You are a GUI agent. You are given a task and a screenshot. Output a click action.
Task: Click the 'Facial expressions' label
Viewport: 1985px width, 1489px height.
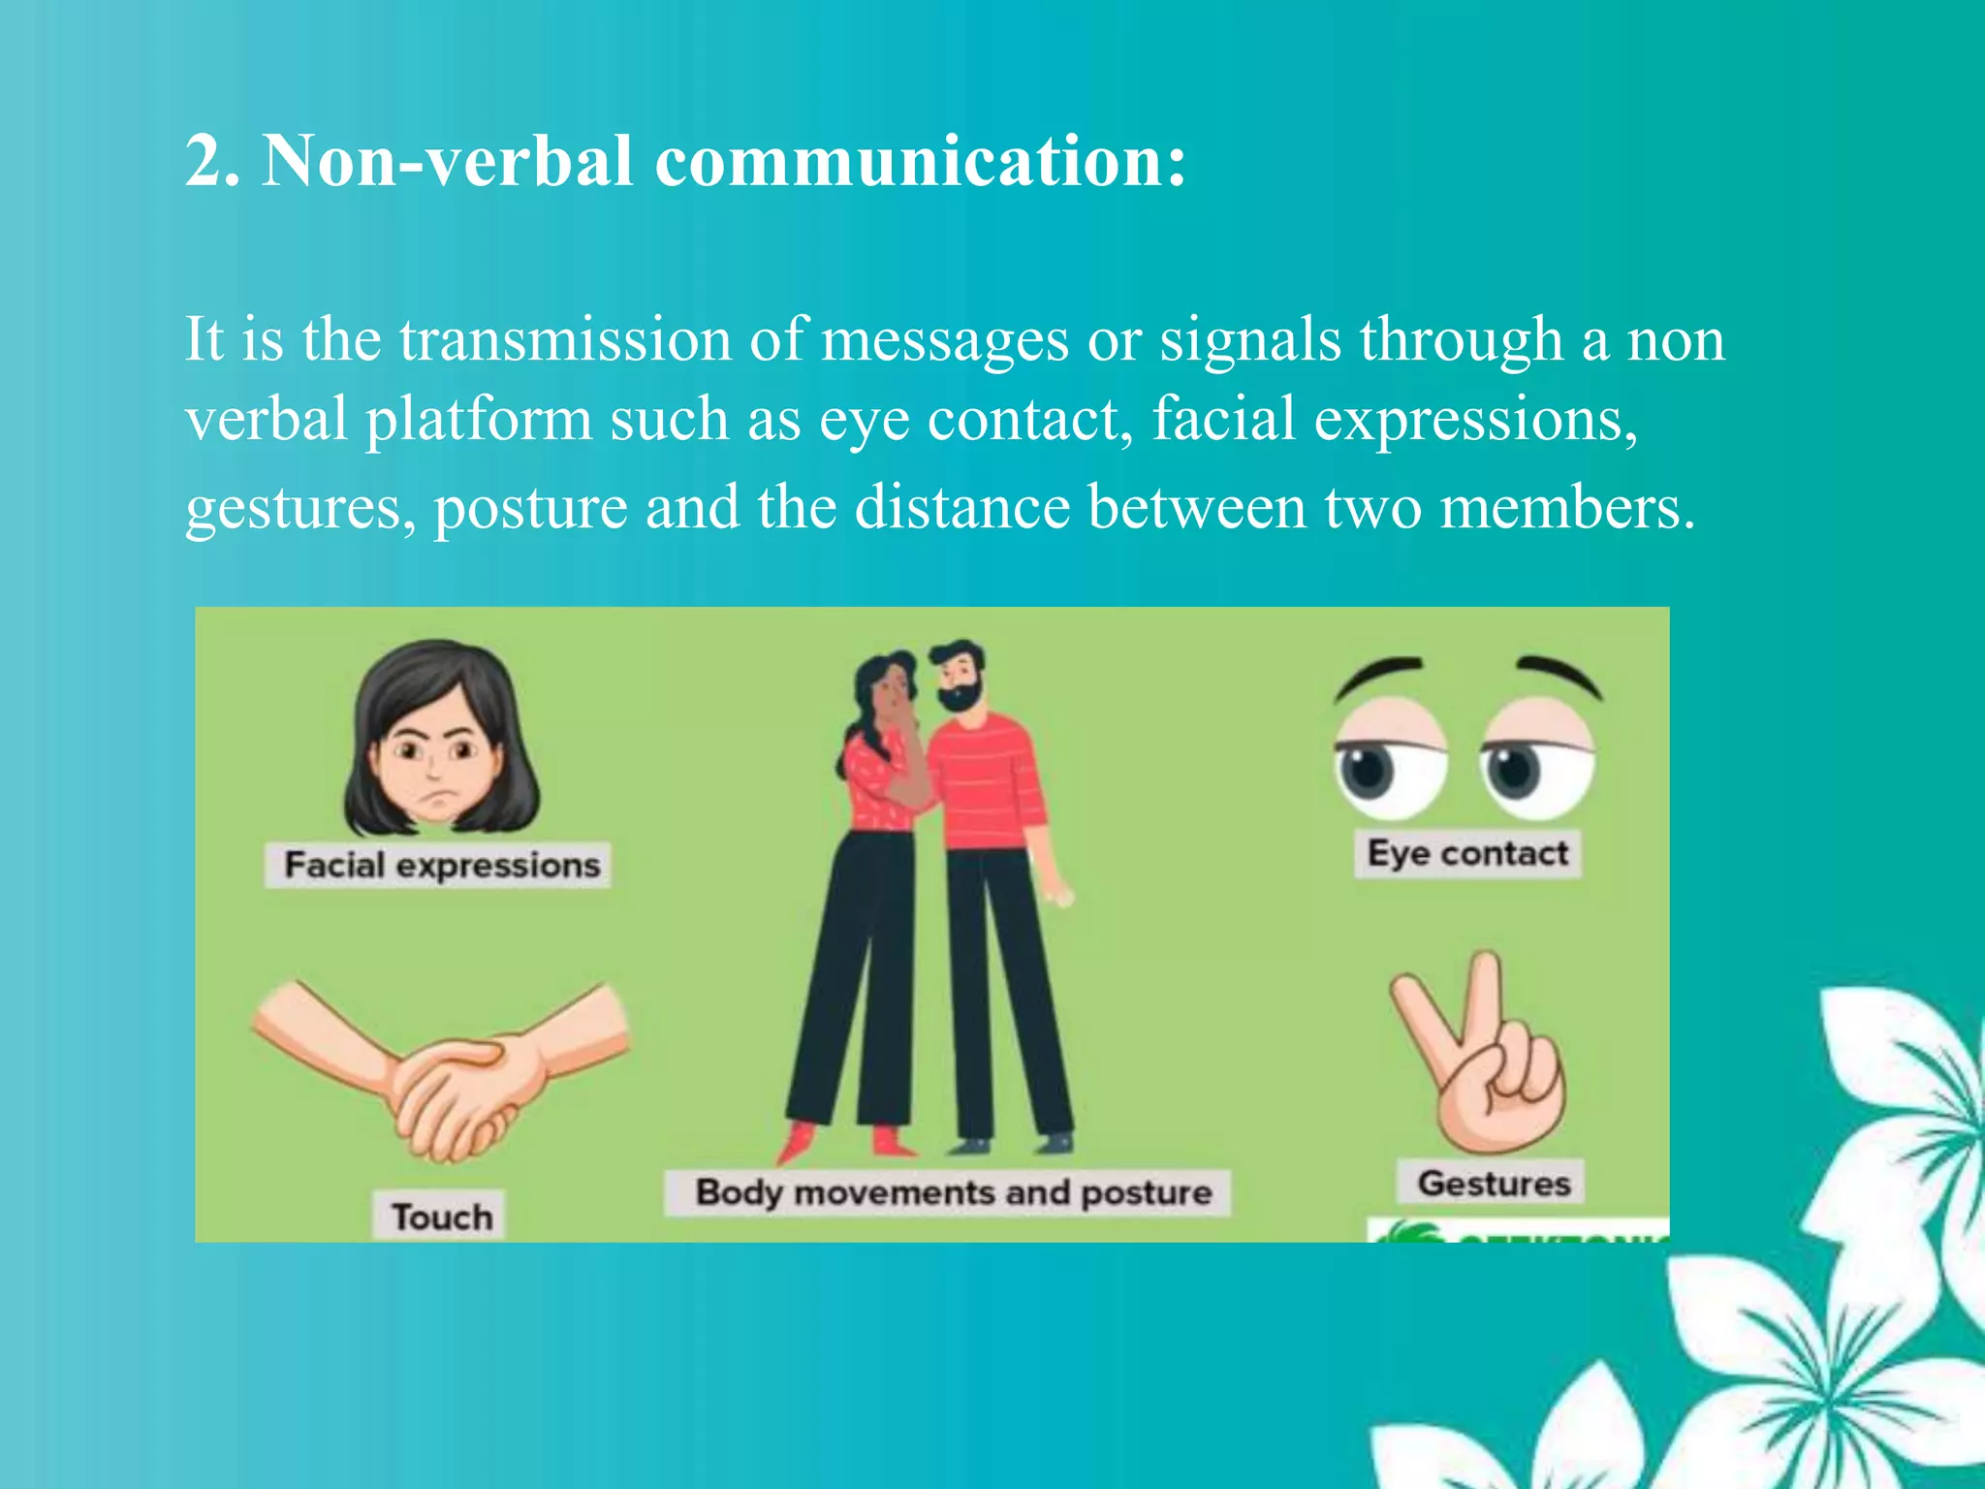pyautogui.click(x=441, y=865)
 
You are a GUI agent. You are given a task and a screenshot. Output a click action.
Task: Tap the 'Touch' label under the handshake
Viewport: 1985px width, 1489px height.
pyautogui.click(x=442, y=1216)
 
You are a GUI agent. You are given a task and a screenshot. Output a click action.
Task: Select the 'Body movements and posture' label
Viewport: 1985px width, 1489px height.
pyautogui.click(x=953, y=1192)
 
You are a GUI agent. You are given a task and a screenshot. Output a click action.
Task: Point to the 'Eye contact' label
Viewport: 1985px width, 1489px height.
pyautogui.click(x=1467, y=854)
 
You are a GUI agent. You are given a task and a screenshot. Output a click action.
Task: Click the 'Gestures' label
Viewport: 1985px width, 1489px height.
pyautogui.click(x=1494, y=1184)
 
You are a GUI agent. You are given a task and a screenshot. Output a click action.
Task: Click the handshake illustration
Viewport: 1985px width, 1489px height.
pyautogui.click(x=446, y=1076)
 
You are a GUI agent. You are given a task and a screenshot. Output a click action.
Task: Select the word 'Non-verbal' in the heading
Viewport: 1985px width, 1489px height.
pyautogui.click(x=448, y=161)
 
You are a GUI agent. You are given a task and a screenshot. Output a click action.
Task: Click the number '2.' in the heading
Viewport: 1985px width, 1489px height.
pyautogui.click(x=212, y=161)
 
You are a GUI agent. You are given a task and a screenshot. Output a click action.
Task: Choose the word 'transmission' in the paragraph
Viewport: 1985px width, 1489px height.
pyautogui.click(x=565, y=341)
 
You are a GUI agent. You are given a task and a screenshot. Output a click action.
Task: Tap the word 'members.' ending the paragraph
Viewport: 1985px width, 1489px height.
pyautogui.click(x=1567, y=508)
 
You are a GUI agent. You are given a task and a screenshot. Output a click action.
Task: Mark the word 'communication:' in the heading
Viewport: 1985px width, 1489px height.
pyautogui.click(x=921, y=161)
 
